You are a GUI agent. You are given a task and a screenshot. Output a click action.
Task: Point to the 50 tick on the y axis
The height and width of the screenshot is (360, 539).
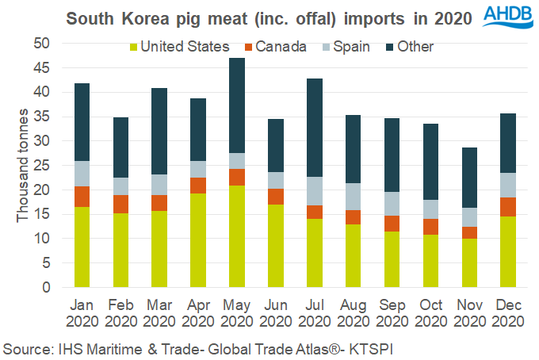[41, 43]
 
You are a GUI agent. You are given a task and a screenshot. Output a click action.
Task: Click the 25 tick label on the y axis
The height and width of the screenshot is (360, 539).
[41, 165]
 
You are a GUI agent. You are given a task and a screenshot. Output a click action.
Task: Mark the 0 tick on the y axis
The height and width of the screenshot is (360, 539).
[45, 287]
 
